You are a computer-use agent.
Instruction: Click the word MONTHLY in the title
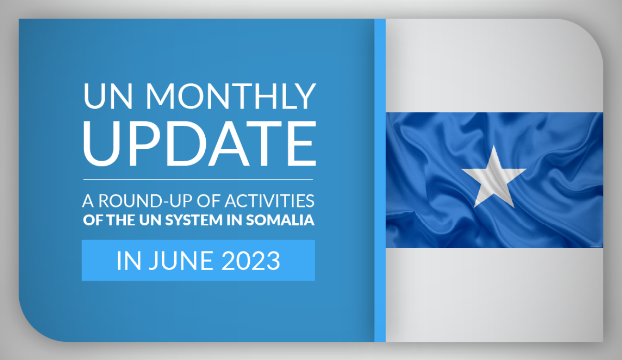[231, 96]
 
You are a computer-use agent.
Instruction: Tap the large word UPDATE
[200, 143]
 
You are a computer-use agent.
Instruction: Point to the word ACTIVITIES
[269, 201]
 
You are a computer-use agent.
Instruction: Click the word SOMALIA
[280, 220]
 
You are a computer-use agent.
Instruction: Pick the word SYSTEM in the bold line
[194, 220]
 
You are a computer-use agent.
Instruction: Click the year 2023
[251, 261]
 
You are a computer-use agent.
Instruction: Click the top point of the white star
[494, 145]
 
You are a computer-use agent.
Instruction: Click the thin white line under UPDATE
[198, 180]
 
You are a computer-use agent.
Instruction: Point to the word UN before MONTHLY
[108, 96]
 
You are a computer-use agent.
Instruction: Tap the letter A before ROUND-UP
[88, 201]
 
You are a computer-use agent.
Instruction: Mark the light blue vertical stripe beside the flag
[380, 180]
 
